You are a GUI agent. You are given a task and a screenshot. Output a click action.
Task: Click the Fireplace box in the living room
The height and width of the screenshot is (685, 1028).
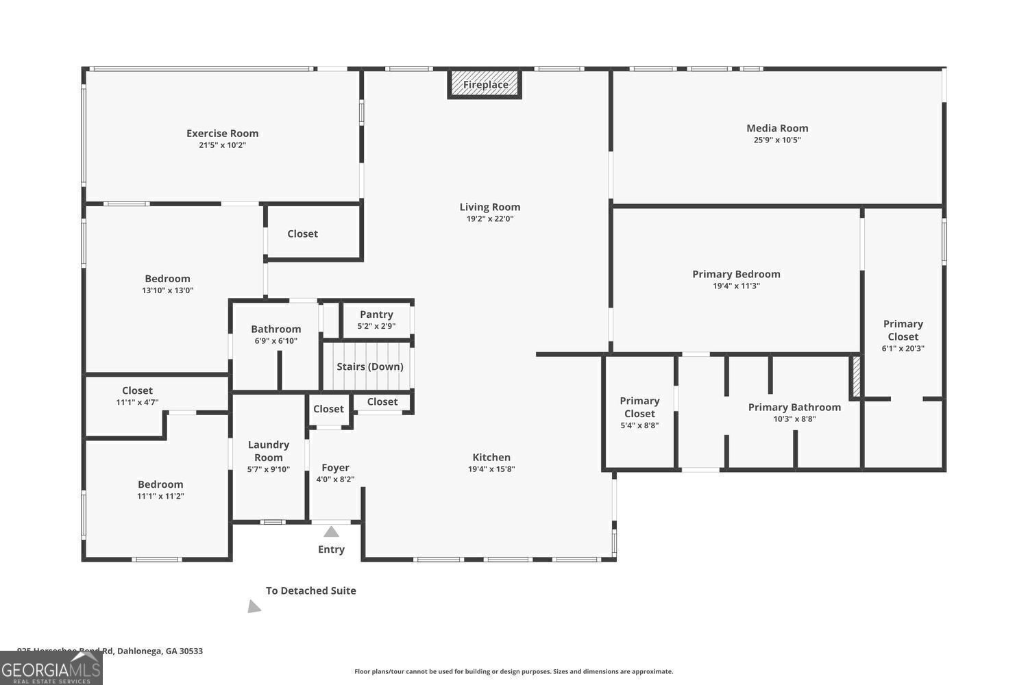point(485,84)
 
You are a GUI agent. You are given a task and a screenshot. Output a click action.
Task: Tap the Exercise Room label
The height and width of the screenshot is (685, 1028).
point(222,134)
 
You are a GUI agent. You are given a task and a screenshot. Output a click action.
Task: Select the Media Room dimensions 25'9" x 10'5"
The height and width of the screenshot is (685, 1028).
point(777,140)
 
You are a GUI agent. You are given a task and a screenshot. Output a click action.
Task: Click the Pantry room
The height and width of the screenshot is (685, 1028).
point(376,319)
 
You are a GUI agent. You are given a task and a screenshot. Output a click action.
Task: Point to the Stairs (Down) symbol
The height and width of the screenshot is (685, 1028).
point(369,366)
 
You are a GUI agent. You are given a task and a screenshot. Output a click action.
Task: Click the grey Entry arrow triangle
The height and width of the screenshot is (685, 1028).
point(331,532)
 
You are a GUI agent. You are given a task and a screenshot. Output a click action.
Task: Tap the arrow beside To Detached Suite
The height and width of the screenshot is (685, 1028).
point(254,606)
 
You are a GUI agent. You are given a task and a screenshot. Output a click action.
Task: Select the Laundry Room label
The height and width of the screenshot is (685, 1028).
point(268,451)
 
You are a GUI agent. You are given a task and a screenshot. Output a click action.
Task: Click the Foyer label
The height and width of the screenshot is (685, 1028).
point(335,468)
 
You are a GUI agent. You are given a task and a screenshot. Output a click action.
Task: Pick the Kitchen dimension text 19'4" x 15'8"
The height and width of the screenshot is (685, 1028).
point(491,469)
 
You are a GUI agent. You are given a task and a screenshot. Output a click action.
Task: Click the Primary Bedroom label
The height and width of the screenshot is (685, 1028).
point(736,274)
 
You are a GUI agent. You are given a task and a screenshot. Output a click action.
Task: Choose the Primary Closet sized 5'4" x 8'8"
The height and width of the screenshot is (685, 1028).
point(639,412)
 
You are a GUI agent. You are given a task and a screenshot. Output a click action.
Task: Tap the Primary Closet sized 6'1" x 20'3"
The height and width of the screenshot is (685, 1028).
point(903,335)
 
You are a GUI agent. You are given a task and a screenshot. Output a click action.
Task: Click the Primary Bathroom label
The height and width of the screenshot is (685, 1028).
point(794,407)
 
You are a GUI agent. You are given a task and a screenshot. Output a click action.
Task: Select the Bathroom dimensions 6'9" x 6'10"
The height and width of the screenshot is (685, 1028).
point(276,340)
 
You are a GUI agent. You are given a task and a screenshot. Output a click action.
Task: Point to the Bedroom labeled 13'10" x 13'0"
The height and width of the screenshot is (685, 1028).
point(167,284)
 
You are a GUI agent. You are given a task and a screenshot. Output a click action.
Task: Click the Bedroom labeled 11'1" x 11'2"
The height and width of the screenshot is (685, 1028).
point(160,489)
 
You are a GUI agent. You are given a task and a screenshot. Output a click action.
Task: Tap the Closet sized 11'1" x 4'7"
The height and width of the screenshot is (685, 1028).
point(137,396)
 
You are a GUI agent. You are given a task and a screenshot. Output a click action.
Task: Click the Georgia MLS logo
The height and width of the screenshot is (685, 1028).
point(51,669)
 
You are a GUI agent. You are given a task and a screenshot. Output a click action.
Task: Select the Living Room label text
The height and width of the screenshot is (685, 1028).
point(489,207)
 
